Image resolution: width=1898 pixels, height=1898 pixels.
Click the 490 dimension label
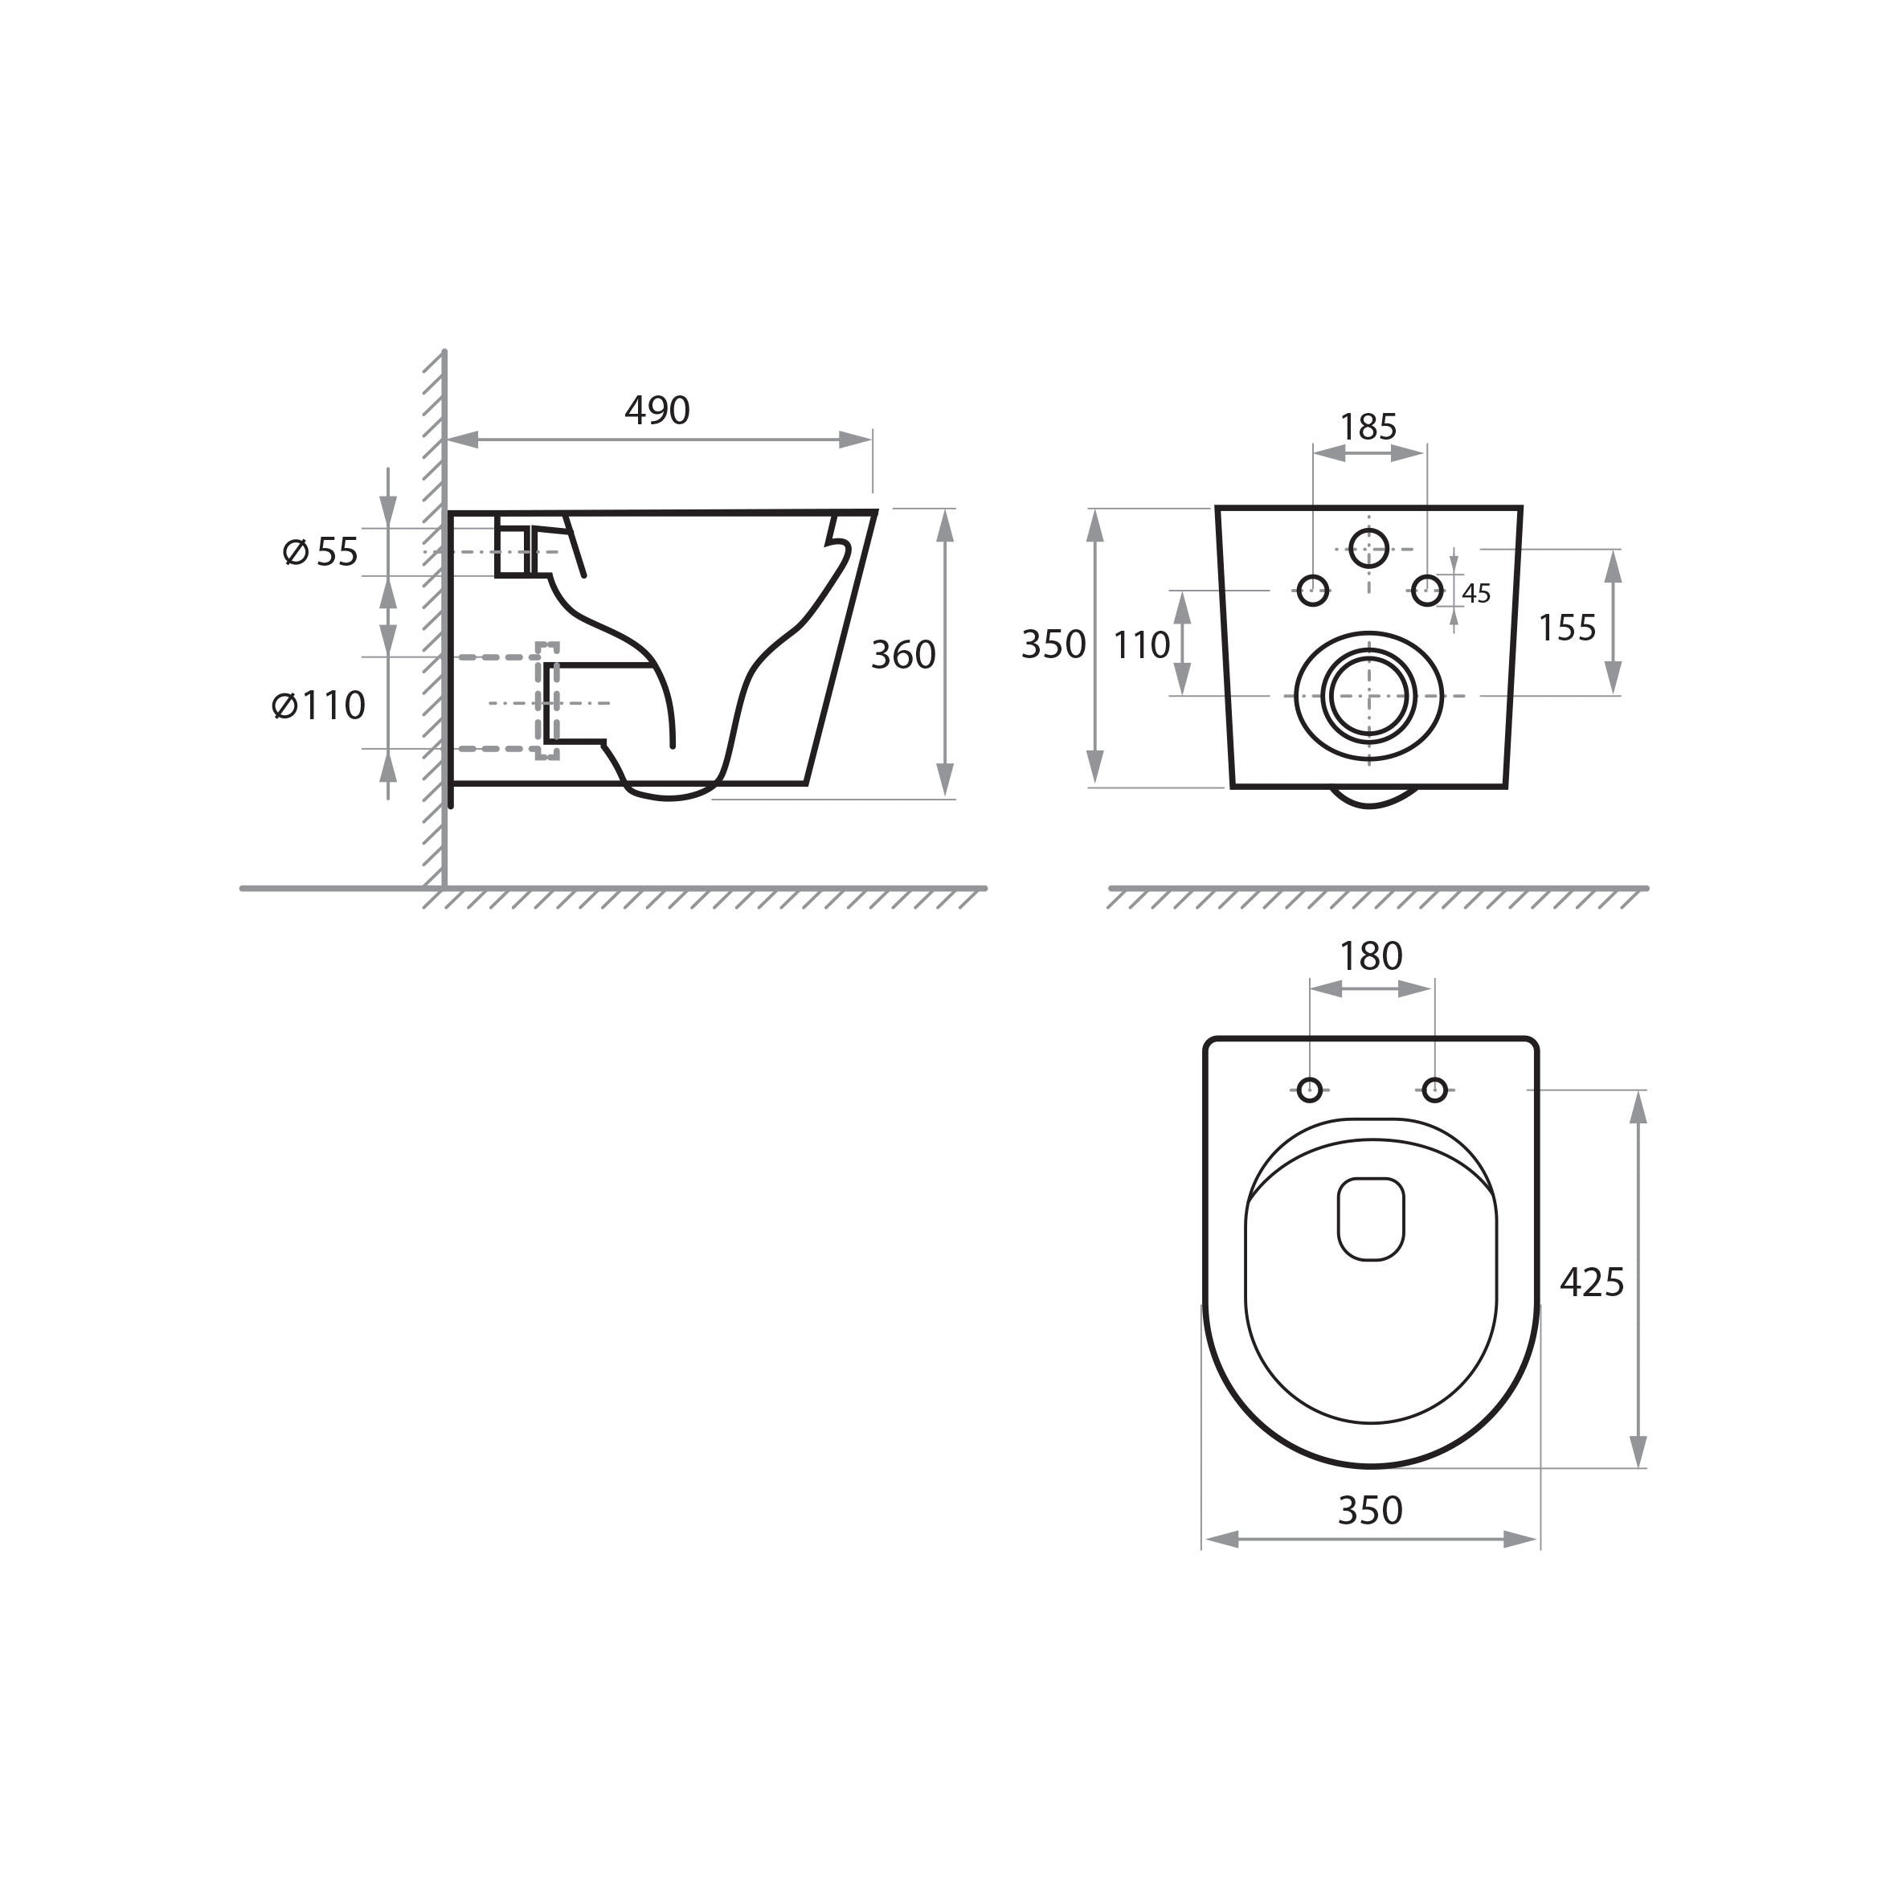coord(657,411)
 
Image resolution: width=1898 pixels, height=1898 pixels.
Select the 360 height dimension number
coord(903,654)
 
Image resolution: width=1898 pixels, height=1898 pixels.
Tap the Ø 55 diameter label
coord(321,552)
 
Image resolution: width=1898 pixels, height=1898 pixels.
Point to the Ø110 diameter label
coord(318,705)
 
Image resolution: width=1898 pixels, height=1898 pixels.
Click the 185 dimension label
coord(1368,427)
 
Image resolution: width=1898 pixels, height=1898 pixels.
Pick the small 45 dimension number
coord(1477,593)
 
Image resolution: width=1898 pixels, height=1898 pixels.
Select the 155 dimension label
coord(1567,628)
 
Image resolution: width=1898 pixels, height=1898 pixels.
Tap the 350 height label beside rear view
coord(1053,644)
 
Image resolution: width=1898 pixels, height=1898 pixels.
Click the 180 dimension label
coord(1372,956)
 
